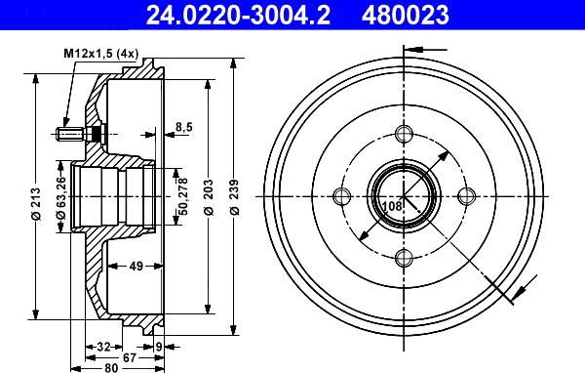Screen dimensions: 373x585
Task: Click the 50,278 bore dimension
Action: click(x=181, y=195)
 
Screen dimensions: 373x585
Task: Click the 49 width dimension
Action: click(x=136, y=265)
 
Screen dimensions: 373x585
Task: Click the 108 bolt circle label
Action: click(x=392, y=206)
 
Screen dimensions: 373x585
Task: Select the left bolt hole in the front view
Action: click(x=339, y=196)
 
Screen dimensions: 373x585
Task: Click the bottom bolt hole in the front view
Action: click(x=402, y=258)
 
